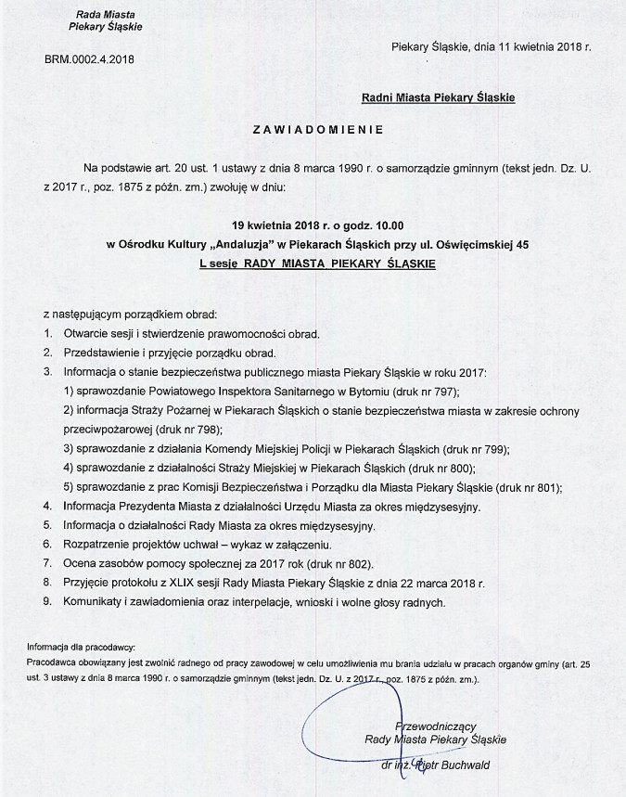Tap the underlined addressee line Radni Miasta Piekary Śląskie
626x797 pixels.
pyautogui.click(x=439, y=96)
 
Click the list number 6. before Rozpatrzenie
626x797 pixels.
pyautogui.click(x=46, y=545)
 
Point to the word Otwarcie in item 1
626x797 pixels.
pyautogui.click(x=84, y=333)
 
